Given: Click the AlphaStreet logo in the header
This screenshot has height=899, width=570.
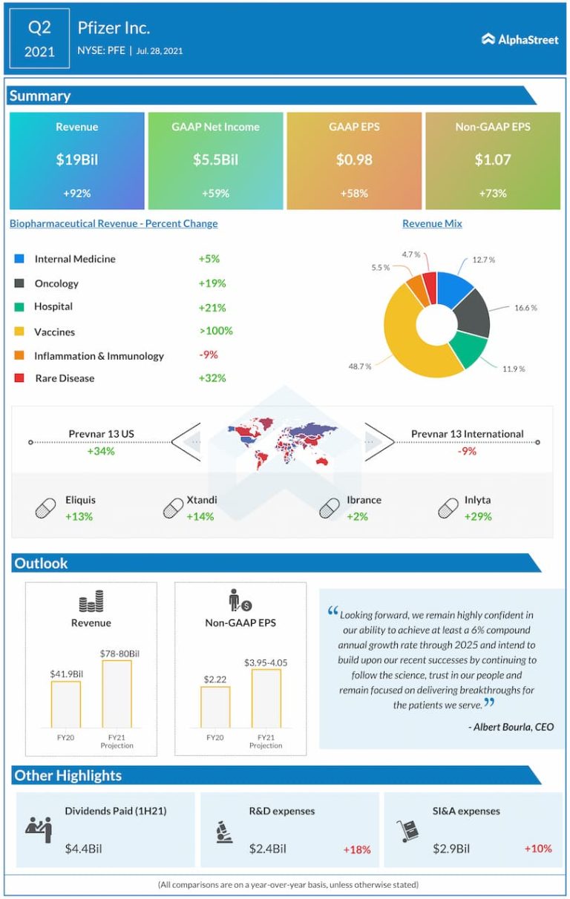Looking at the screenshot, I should click(x=520, y=39).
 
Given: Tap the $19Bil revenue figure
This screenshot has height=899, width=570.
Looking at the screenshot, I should click(x=77, y=159).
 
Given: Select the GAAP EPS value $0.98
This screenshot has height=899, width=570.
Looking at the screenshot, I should click(x=353, y=159).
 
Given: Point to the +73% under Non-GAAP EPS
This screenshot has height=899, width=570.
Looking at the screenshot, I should click(x=492, y=193).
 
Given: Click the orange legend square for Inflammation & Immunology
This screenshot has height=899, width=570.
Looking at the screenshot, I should click(x=19, y=355).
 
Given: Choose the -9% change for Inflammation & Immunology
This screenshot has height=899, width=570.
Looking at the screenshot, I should click(x=209, y=355).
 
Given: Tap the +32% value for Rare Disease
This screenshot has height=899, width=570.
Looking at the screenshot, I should click(x=212, y=378).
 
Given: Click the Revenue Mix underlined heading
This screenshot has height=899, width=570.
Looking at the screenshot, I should click(x=432, y=223).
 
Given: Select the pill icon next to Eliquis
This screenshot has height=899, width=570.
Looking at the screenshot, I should click(x=46, y=508).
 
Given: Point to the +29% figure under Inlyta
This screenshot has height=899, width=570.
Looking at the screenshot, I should click(x=478, y=516).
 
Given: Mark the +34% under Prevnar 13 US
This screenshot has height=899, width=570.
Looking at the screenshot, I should click(x=101, y=450).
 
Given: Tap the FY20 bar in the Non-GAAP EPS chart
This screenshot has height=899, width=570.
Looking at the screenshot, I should click(x=215, y=707).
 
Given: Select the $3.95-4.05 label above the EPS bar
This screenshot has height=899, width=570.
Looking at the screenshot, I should click(x=266, y=662).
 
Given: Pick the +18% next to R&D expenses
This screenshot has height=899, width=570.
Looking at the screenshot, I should click(x=357, y=849).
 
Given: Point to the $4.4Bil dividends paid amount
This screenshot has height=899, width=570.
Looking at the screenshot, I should click(x=83, y=849).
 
